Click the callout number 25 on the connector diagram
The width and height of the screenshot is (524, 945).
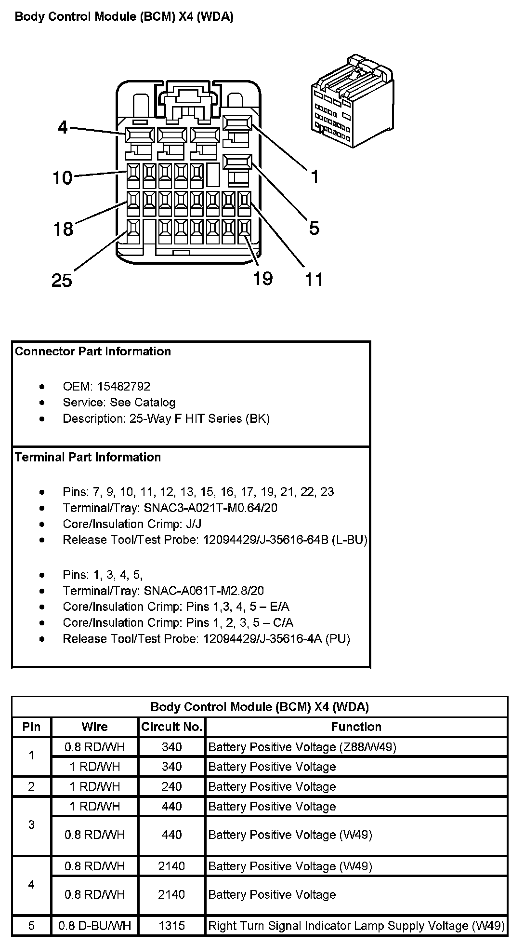click(x=62, y=280)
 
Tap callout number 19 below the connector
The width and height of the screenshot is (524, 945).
click(x=263, y=278)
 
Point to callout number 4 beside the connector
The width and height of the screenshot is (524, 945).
click(x=63, y=127)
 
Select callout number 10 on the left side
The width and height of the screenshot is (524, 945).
click(x=62, y=178)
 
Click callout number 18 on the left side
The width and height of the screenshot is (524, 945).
click(x=63, y=229)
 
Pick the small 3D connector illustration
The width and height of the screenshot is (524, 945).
click(x=352, y=101)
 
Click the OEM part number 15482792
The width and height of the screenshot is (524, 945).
click(x=124, y=387)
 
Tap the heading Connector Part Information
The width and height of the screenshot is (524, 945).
click(x=93, y=351)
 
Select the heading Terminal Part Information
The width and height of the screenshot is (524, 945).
click(x=88, y=457)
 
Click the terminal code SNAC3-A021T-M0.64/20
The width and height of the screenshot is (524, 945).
click(x=210, y=508)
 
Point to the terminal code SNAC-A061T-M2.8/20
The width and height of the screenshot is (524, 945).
click(x=204, y=591)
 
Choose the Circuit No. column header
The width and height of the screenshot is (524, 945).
click(x=171, y=727)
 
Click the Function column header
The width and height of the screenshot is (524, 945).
click(x=356, y=727)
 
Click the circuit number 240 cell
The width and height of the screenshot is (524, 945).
click(x=171, y=787)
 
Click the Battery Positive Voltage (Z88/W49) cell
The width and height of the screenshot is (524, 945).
click(x=302, y=747)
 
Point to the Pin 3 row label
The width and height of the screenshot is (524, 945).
click(x=31, y=825)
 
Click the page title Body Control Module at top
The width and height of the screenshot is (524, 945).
click(x=124, y=17)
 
